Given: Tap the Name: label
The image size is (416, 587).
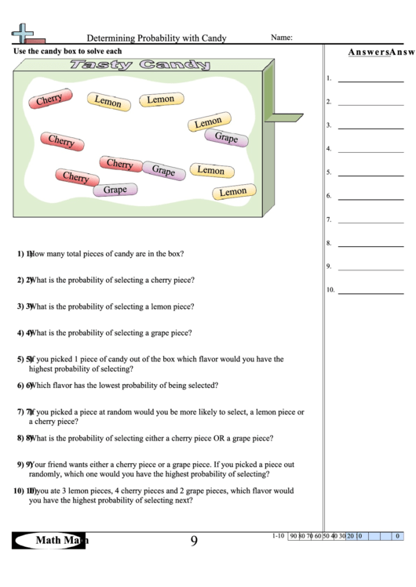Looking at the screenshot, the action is tap(282, 37).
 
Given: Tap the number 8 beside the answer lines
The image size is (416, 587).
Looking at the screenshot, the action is tap(329, 244).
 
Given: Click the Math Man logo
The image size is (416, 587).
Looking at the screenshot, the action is tap(50, 540).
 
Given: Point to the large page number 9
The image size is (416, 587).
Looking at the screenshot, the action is tap(194, 540).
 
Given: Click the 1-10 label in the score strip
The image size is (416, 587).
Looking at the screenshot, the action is tap(278, 536).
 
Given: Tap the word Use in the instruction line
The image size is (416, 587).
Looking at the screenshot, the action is tap(20, 51).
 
